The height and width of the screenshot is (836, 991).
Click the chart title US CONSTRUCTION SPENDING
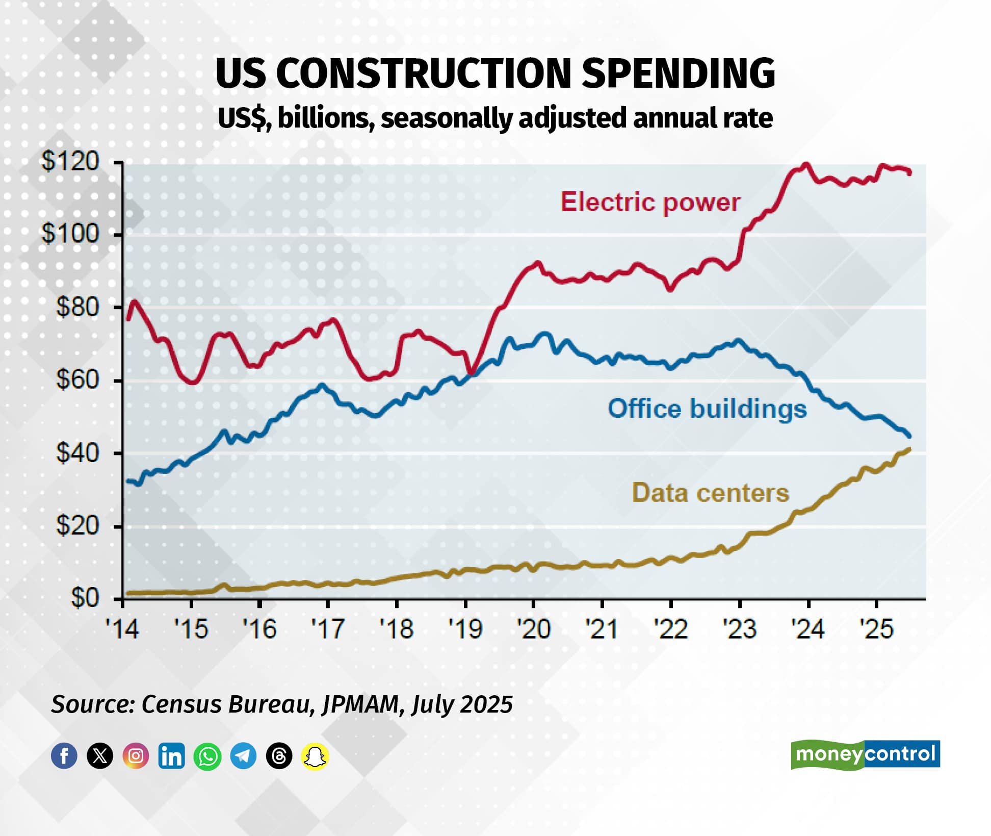pyautogui.click(x=495, y=73)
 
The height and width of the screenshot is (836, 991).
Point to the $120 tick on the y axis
pyautogui.click(x=70, y=162)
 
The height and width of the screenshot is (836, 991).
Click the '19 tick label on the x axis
pyautogui.click(x=465, y=629)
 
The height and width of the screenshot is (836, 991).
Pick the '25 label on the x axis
pyautogui.click(x=876, y=629)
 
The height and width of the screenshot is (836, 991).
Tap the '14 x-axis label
pyautogui.click(x=122, y=629)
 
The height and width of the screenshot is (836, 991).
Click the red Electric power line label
pyautogui.click(x=650, y=202)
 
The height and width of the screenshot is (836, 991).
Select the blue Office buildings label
pyautogui.click(x=707, y=409)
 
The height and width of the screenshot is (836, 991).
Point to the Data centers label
pyautogui.click(x=710, y=493)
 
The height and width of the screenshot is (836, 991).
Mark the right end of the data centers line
pyautogui.click(x=910, y=449)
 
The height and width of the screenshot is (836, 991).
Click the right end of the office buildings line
pyautogui.click(x=910, y=436)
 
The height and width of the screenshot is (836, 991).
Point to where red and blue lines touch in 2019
pyautogui.click(x=472, y=374)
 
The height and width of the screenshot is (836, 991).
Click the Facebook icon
pyautogui.click(x=64, y=755)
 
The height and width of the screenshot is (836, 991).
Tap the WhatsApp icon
pyautogui.click(x=207, y=755)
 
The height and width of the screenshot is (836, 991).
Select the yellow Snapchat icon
pyautogui.click(x=315, y=755)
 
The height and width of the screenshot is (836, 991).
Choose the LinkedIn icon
pyautogui.click(x=172, y=755)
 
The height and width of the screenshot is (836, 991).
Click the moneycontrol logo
pyautogui.click(x=865, y=754)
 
